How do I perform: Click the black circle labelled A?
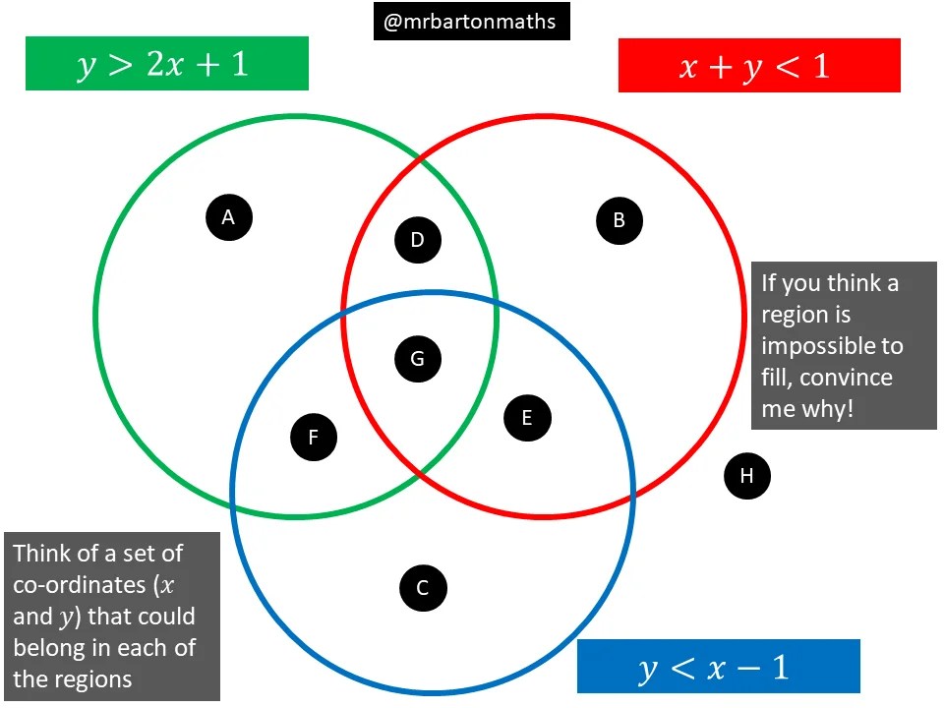pyautogui.click(x=229, y=217)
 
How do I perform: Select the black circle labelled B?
pyautogui.click(x=619, y=220)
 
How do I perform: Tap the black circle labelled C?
pyautogui.click(x=423, y=588)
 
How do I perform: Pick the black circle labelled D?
pyautogui.click(x=418, y=240)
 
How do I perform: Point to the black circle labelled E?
pyautogui.click(x=527, y=419)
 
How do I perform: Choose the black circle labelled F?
pyautogui.click(x=314, y=438)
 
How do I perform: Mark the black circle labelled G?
pyautogui.click(x=418, y=359)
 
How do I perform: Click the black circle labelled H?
pyautogui.click(x=746, y=477)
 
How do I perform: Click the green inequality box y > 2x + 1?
pyautogui.click(x=167, y=64)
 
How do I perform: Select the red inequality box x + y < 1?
pyautogui.click(x=759, y=66)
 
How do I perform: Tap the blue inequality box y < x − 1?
pyautogui.click(x=718, y=667)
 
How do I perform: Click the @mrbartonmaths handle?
pyautogui.click(x=472, y=22)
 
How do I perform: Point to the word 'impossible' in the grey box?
pyautogui.click(x=832, y=346)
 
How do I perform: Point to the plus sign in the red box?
pyautogui.click(x=710, y=67)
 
